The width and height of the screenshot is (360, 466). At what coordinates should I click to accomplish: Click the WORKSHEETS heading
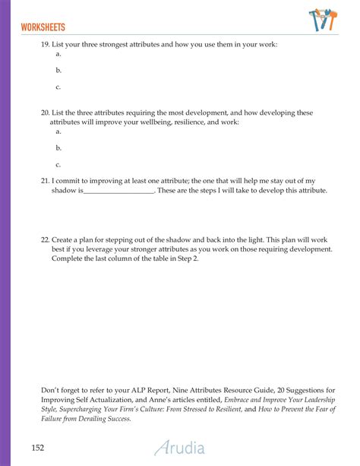[x=43, y=27]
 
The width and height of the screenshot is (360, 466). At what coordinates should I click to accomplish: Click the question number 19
[x=45, y=45]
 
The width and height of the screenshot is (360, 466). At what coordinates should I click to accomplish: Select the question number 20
[x=45, y=113]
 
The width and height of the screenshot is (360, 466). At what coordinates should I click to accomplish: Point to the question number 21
[x=45, y=180]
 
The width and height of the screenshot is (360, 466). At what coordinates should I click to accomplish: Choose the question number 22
[x=45, y=239]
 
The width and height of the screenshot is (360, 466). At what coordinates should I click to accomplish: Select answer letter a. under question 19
[x=58, y=54]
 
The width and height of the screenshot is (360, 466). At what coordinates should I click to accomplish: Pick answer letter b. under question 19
[x=58, y=71]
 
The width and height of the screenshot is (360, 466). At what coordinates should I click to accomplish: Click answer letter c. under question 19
[x=58, y=87]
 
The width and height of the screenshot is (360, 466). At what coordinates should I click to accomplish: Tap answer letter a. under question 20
[x=58, y=131]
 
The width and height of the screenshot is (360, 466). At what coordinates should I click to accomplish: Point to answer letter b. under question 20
[x=58, y=147]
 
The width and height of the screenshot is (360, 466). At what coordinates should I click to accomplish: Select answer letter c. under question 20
[x=58, y=164]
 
